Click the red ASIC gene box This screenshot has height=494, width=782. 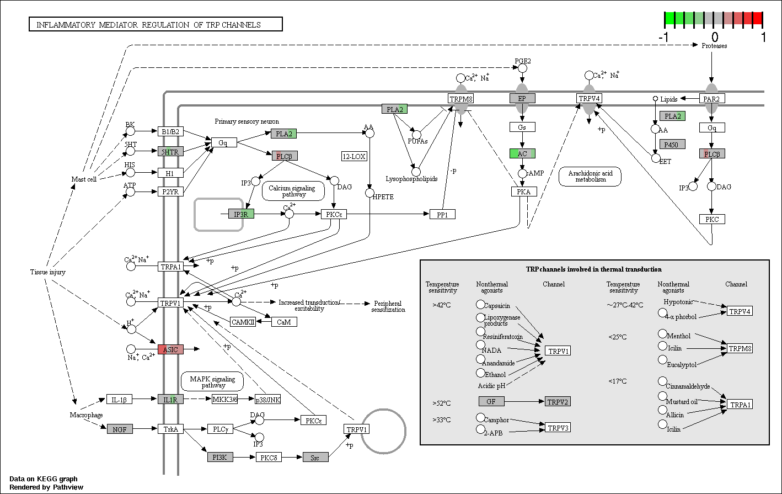[170, 349]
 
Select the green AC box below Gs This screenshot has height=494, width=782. [522, 153]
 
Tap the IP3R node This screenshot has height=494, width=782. [241, 214]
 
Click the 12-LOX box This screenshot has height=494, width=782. [354, 156]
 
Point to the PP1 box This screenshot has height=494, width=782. [442, 214]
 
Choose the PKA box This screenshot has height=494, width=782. [524, 192]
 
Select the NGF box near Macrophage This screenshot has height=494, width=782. [120, 429]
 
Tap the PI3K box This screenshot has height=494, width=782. [220, 457]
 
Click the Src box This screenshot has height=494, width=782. [315, 457]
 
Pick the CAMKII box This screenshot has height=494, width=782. [243, 322]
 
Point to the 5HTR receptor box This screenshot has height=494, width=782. [170, 152]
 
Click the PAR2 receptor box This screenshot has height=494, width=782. [712, 98]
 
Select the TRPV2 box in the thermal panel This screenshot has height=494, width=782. [558, 401]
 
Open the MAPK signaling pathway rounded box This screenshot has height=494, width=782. [212, 381]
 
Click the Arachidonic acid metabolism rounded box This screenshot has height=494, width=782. [590, 177]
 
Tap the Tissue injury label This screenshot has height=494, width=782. [48, 272]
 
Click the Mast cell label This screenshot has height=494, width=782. [84, 179]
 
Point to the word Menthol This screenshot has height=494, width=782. [679, 336]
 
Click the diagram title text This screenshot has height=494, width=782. [149, 25]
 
